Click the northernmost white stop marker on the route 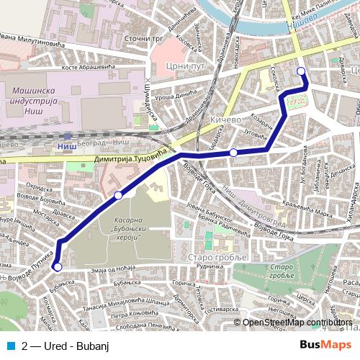(301, 71)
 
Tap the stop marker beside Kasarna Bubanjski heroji (118, 195)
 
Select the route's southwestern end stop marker (57, 267)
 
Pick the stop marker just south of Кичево (233, 153)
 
